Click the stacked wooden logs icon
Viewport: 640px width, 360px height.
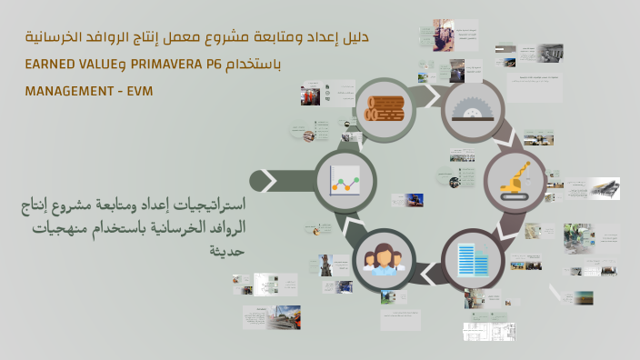coord(385,109)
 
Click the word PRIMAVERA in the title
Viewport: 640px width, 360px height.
coord(173,65)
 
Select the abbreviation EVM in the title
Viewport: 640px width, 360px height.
coord(140,92)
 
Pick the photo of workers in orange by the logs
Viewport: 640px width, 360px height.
coord(310,95)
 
